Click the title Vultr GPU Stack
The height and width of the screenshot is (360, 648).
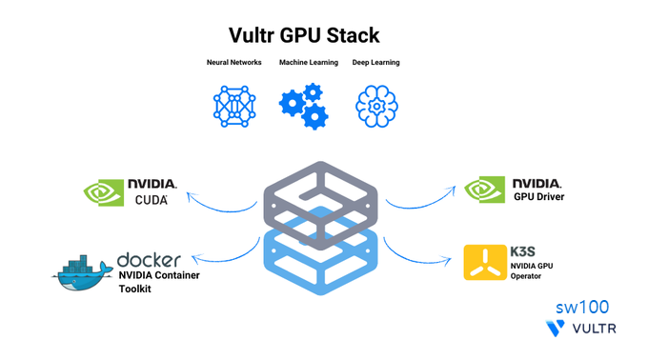coord(304,35)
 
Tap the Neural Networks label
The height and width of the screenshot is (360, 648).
coord(233,62)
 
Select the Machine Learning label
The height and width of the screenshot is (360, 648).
coord(309,62)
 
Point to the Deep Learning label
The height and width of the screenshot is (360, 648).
coord(375,62)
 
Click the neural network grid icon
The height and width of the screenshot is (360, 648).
coord(234,106)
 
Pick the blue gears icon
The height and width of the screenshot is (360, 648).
coord(304,106)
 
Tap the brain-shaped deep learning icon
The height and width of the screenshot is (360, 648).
coord(376,106)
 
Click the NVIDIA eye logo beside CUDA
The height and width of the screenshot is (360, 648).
coord(103,192)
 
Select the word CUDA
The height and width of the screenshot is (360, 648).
coord(152,200)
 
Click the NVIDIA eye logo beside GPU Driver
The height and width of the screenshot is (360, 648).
coord(484,190)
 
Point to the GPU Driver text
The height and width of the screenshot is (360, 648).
coord(539,197)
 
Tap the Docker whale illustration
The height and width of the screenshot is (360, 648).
coord(82,273)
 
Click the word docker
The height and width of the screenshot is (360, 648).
coord(149,260)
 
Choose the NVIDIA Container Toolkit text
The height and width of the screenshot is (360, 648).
coord(159,282)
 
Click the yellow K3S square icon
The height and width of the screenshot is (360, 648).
coord(485,263)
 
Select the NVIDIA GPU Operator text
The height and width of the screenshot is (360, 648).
coord(532,270)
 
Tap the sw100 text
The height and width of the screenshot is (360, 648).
coord(582,308)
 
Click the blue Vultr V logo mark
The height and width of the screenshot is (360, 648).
coord(555,329)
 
